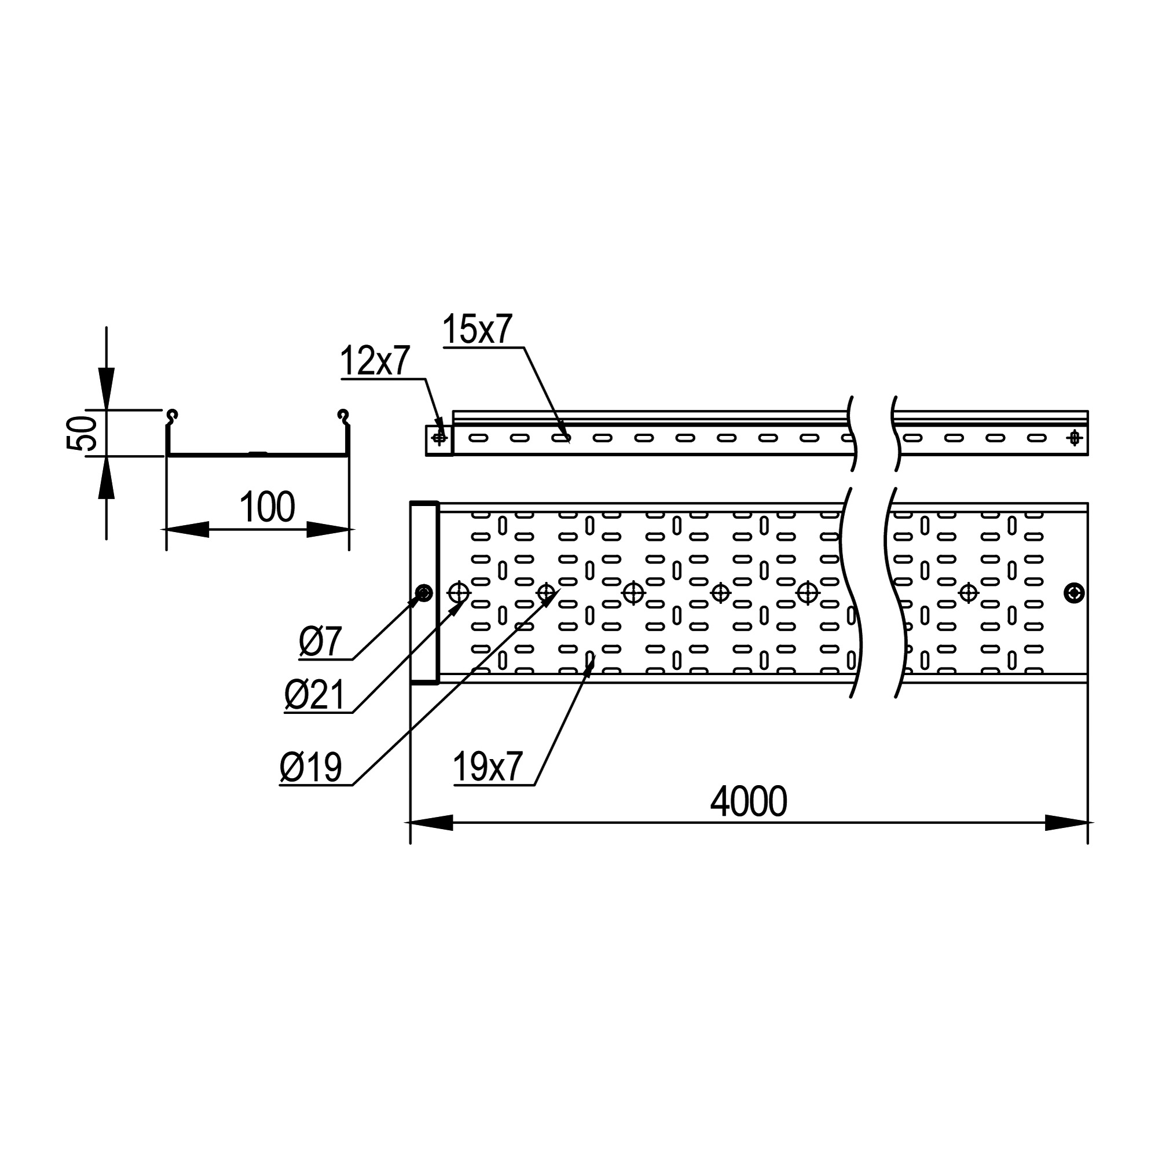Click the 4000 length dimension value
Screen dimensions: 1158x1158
(x=748, y=801)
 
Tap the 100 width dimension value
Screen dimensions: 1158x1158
(x=267, y=507)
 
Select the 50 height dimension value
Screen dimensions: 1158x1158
(x=82, y=433)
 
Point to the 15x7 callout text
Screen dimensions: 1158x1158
(x=477, y=329)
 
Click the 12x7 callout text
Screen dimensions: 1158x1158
(x=375, y=361)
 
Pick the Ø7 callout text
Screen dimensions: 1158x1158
(x=320, y=642)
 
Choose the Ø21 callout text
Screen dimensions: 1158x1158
(x=314, y=695)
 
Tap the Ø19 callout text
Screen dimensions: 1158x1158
(x=310, y=767)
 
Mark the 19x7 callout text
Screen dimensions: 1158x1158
(x=488, y=767)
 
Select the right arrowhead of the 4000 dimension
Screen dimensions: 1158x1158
(x=1067, y=823)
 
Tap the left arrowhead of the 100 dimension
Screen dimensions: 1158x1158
(x=187, y=529)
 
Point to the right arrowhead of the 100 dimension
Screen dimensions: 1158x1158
(x=328, y=529)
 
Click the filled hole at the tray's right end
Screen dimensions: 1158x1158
(x=1074, y=593)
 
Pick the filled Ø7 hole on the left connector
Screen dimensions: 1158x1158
(x=424, y=593)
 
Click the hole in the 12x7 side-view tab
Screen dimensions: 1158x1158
(x=439, y=439)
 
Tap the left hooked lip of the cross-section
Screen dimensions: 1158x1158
(x=172, y=416)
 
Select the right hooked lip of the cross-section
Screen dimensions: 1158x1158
(x=343, y=416)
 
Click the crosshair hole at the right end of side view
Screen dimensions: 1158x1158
(x=1074, y=439)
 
